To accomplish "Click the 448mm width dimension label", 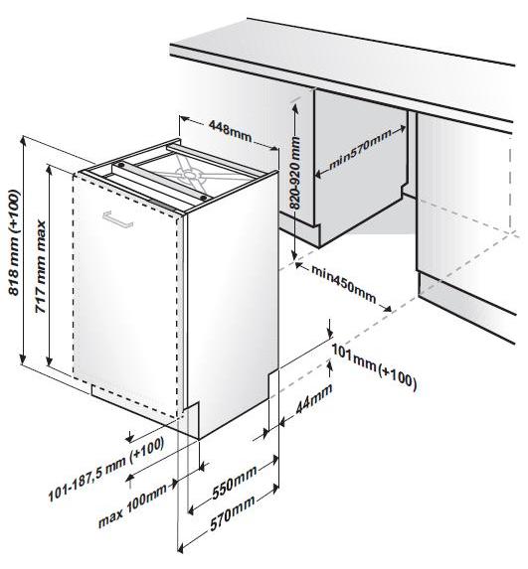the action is click(230, 131).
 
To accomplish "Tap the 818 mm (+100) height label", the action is click(15, 242).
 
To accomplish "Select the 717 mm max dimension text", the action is click(41, 267).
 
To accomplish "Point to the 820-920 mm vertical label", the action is click(295, 173).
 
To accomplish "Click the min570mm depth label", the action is click(360, 150).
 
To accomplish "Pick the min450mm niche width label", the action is click(343, 284).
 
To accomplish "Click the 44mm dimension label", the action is click(314, 398).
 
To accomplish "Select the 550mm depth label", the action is click(235, 482).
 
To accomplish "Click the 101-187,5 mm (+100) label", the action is click(105, 469).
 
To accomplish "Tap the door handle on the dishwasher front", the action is click(117, 219).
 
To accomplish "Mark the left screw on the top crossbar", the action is click(121, 165).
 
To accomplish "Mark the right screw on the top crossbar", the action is click(204, 199).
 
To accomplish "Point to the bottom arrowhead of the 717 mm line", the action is click(49, 360).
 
